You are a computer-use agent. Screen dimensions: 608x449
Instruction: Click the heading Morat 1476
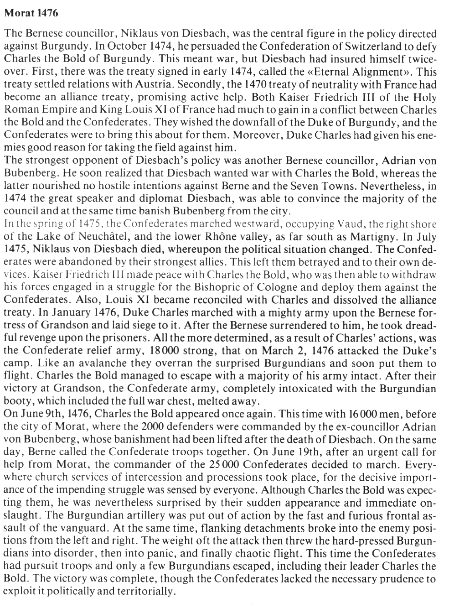click(x=31, y=13)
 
